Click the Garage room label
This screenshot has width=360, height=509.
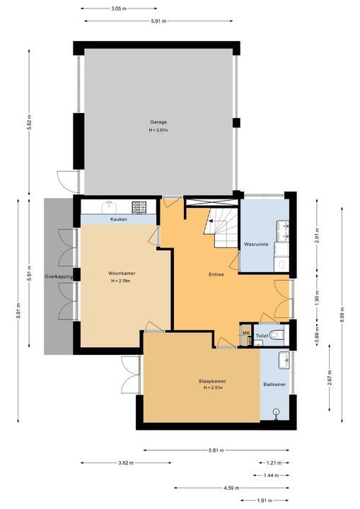click(158, 122)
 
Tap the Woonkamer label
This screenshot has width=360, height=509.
click(122, 274)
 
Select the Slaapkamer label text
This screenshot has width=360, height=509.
click(212, 381)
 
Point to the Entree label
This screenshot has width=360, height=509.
click(216, 274)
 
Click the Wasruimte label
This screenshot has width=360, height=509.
click(256, 244)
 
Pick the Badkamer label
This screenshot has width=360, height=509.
click(274, 385)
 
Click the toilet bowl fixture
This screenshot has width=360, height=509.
click(277, 334)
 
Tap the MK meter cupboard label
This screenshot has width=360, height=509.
click(246, 334)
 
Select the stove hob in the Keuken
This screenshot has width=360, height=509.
click(139, 207)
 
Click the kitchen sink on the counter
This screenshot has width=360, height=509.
click(109, 207)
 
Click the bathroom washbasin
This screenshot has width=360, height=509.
click(284, 360)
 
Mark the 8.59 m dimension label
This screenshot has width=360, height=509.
click(342, 315)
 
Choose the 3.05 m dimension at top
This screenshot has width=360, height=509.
click(119, 8)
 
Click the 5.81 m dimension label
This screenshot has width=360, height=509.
click(216, 450)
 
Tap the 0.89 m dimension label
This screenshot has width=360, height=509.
click(318, 334)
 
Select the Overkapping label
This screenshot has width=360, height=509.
click(59, 276)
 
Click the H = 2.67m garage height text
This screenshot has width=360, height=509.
click(158, 130)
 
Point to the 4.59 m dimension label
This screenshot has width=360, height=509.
click(232, 488)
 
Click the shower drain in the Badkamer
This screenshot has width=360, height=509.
click(276, 411)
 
